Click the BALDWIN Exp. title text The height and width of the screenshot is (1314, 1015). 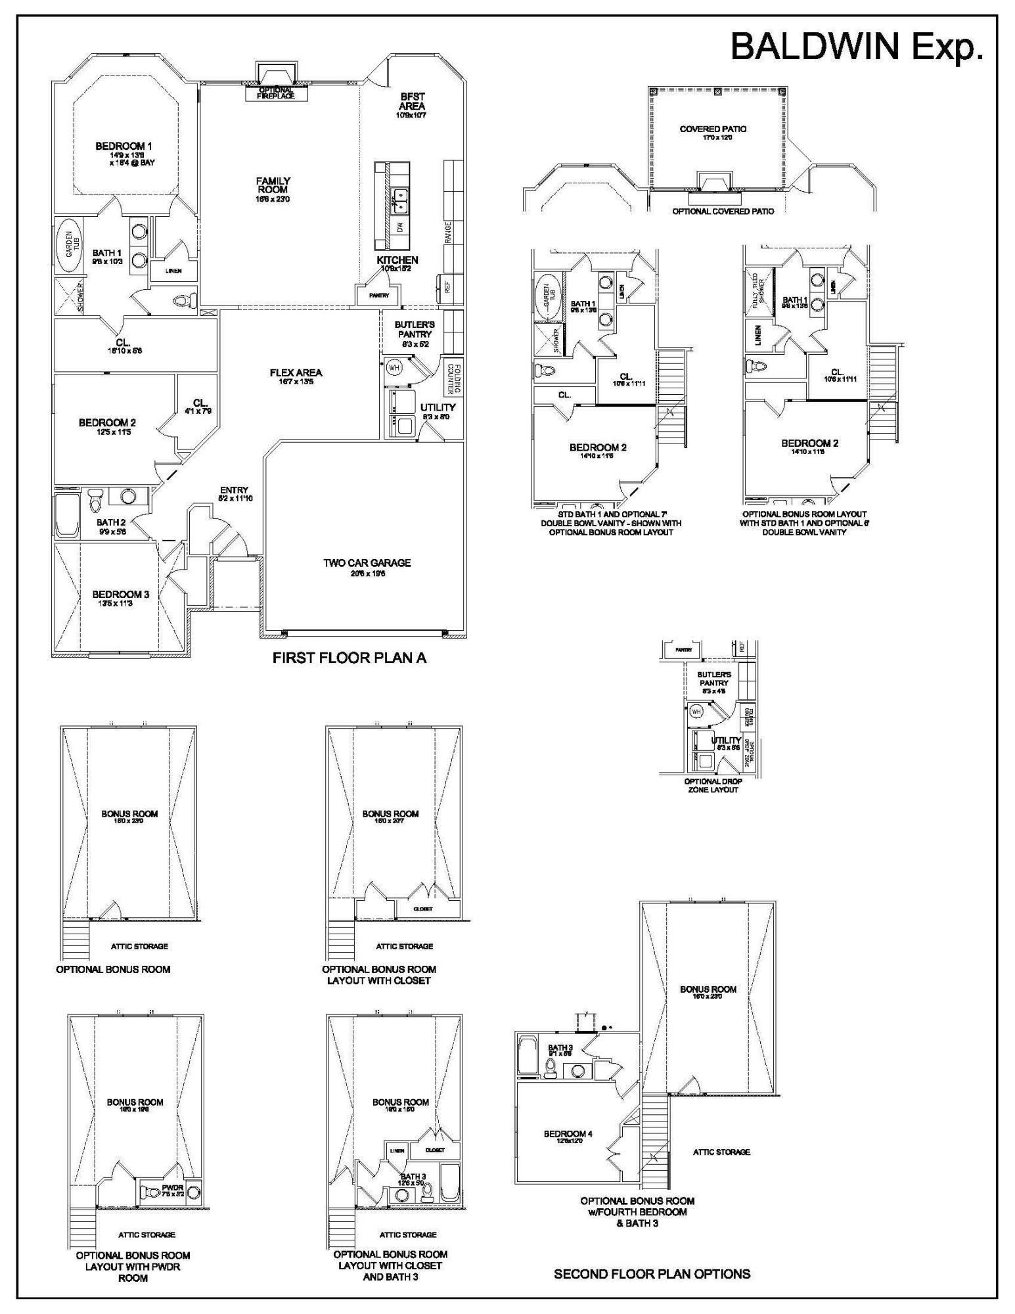click(x=857, y=47)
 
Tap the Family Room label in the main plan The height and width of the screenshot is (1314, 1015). click(x=273, y=186)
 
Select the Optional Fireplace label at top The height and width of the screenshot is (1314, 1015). click(x=276, y=93)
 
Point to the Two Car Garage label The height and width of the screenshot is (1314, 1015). click(x=367, y=563)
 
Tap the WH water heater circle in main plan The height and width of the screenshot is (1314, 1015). click(x=395, y=367)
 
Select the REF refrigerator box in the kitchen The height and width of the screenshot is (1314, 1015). click(x=448, y=286)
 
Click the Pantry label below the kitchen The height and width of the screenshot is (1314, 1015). click(x=379, y=296)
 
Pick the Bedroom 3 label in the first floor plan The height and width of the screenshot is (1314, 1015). click(x=121, y=595)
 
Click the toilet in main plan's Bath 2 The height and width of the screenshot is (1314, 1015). click(x=95, y=501)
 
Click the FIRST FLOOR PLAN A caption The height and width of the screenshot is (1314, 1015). click(x=350, y=658)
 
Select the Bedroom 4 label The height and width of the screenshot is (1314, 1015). click(x=568, y=1134)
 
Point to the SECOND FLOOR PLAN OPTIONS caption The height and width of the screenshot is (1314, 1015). click(x=652, y=1274)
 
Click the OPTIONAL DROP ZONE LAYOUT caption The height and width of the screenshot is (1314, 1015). click(x=713, y=786)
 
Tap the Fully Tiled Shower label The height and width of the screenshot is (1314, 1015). click(x=759, y=290)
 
